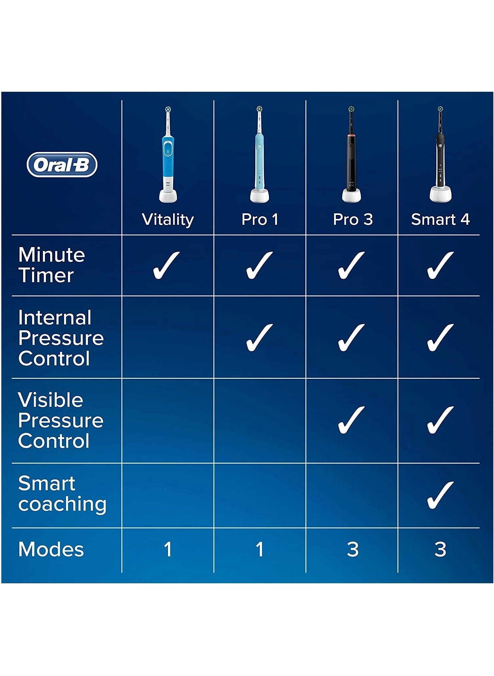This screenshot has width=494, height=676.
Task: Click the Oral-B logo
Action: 62,164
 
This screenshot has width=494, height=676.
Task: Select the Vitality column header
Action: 168,220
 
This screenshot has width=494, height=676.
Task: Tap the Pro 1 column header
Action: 260,219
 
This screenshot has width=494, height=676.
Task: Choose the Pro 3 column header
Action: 353,219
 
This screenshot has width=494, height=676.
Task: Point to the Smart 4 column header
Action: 440,219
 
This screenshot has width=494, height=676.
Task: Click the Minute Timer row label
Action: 51,265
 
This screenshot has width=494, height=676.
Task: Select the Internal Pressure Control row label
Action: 61,338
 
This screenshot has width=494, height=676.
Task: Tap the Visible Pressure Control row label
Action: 61,420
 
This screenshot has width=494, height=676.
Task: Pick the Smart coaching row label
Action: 62,493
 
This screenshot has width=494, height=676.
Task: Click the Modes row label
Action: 51,549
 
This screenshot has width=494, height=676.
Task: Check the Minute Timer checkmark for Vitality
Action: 166,265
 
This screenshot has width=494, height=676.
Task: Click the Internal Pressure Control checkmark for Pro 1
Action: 259,338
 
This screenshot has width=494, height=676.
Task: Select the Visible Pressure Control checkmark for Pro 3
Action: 351,420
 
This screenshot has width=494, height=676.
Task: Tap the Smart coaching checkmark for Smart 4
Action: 440,495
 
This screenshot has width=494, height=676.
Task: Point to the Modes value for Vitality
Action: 168,550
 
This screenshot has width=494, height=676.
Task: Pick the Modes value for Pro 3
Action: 353,550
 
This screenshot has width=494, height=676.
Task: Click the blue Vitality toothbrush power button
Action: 168,152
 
